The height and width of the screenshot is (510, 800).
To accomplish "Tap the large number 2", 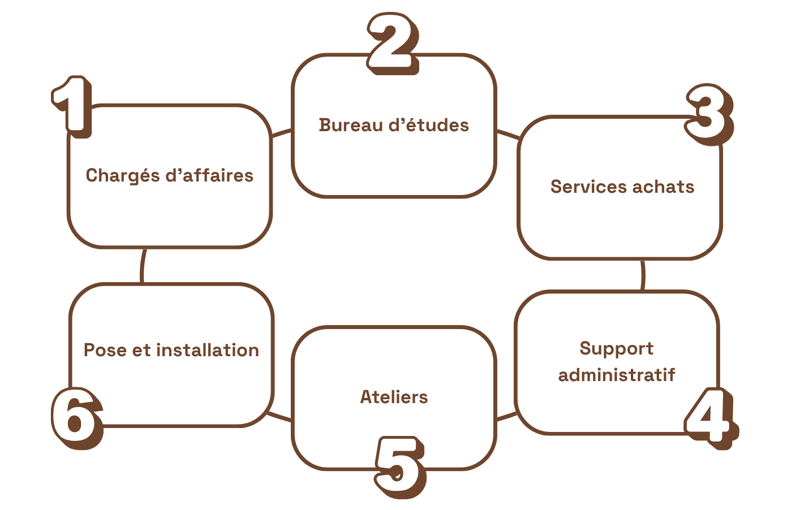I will click(x=392, y=43).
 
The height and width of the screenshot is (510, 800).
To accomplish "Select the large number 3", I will click(x=708, y=114).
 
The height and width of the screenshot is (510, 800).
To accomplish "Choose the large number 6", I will click(x=76, y=417).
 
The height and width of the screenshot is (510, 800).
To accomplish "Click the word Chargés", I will click(x=123, y=176).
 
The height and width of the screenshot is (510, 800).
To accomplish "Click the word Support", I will click(x=617, y=349).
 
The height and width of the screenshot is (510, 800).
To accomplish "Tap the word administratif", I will click(x=617, y=375).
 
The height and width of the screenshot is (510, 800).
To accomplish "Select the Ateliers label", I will click(x=394, y=397).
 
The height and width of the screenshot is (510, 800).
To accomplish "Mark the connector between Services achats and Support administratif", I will click(x=643, y=275).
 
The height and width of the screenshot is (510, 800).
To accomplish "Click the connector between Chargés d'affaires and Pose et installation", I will click(x=142, y=266).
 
